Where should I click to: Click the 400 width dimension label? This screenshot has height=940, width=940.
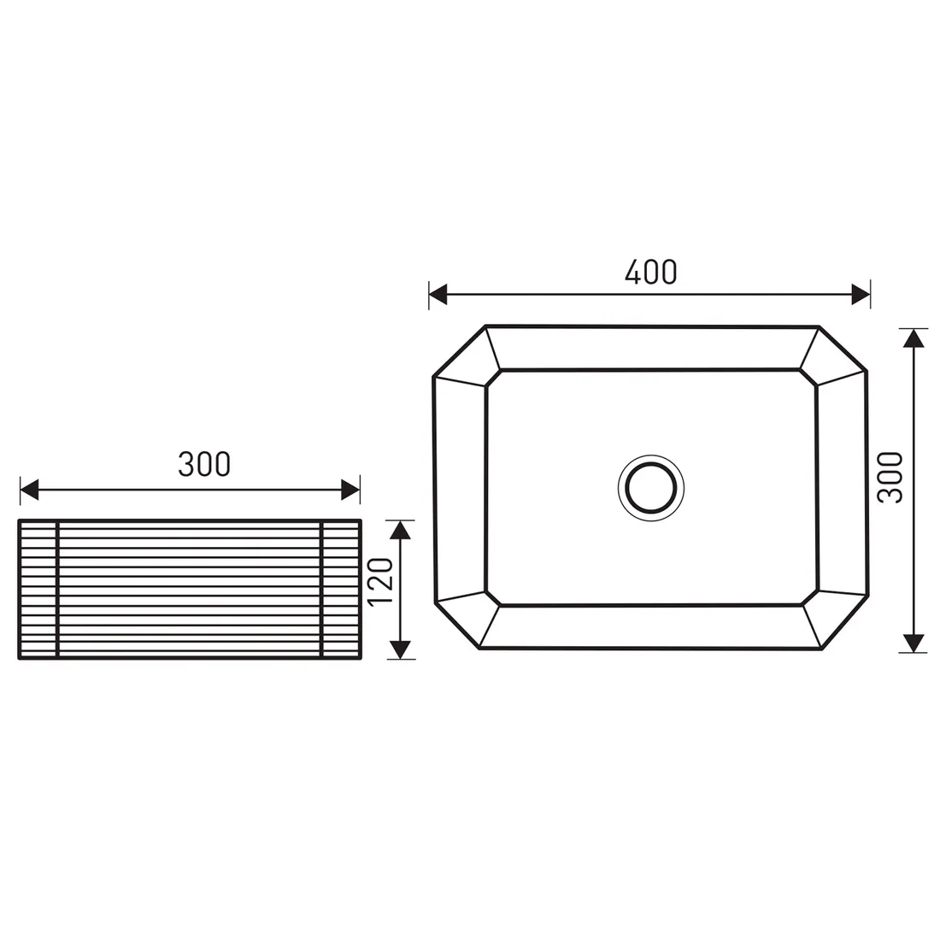point(650,272)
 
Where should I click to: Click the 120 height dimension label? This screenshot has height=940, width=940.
point(380,582)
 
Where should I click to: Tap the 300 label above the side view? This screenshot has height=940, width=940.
point(204,464)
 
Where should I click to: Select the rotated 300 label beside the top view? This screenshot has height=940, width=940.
point(890,477)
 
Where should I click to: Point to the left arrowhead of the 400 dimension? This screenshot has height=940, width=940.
point(438,294)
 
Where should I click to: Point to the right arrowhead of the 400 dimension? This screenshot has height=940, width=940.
point(861,294)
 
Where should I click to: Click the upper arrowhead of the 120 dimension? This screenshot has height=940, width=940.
point(401,529)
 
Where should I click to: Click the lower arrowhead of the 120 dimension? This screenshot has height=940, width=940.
point(401,649)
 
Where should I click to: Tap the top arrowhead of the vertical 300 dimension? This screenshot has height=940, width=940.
point(913,338)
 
